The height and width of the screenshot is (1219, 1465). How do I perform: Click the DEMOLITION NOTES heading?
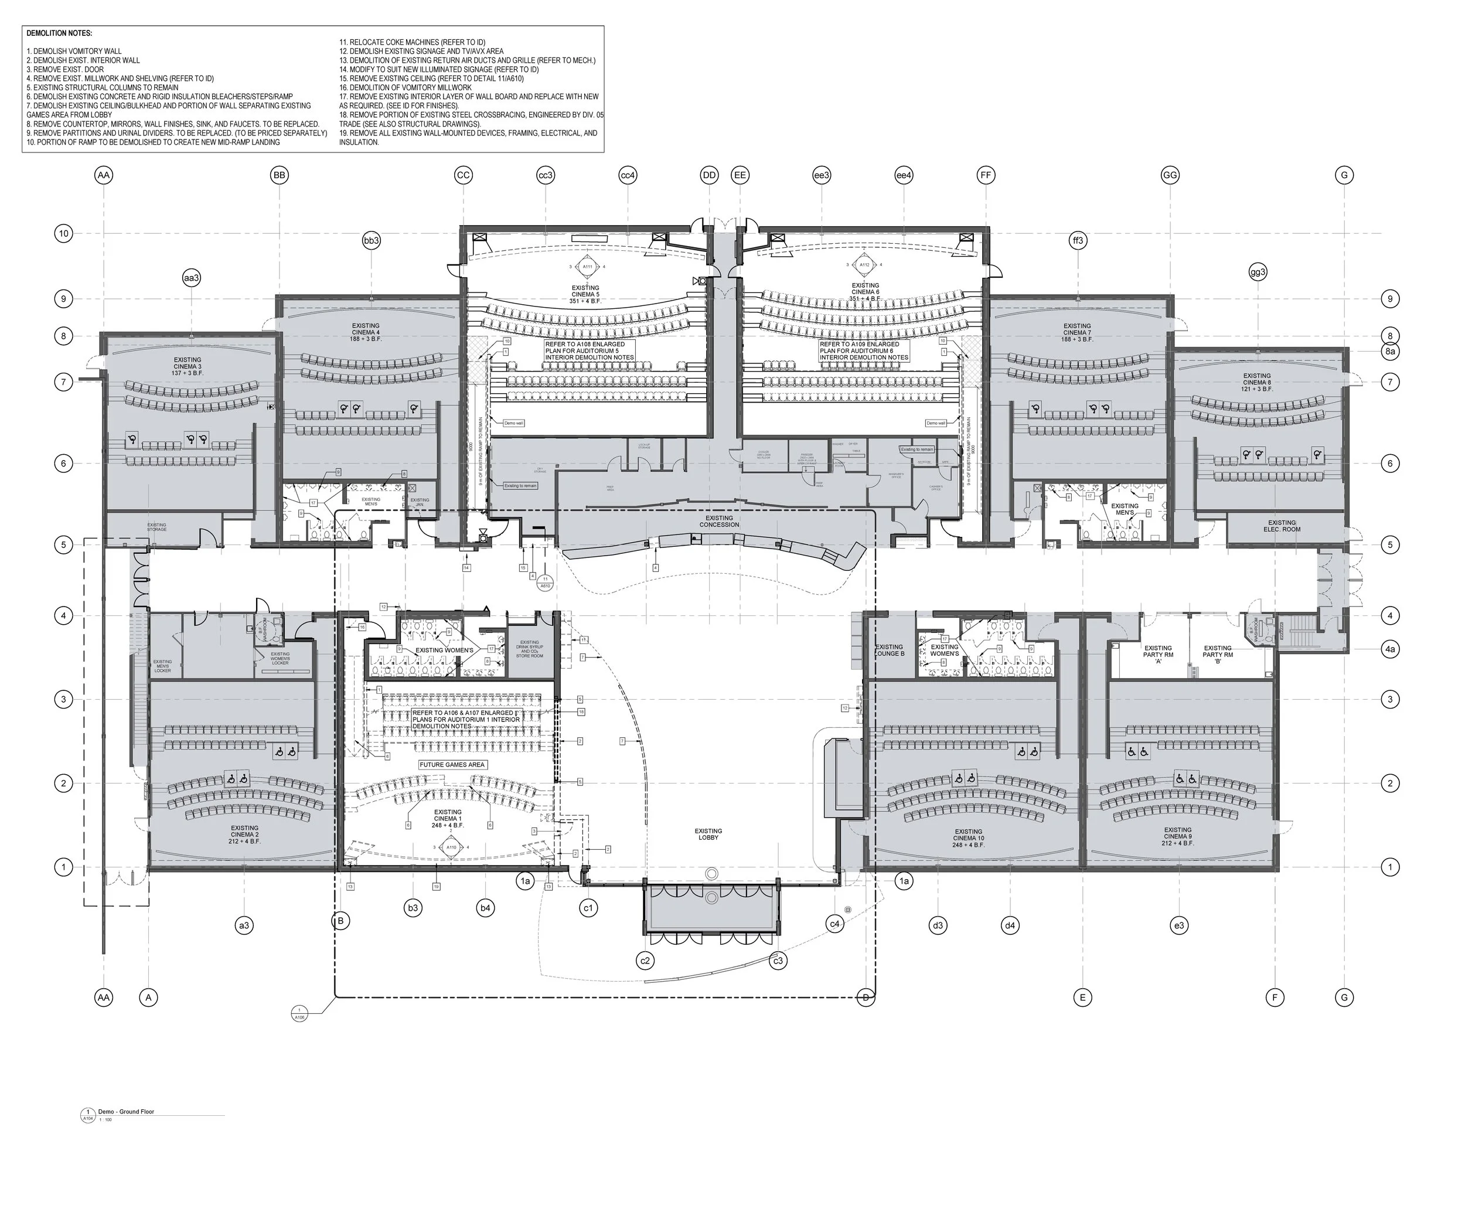(59, 33)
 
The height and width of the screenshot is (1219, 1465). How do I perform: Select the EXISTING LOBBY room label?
(708, 834)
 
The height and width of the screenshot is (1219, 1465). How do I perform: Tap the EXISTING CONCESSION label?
(719, 521)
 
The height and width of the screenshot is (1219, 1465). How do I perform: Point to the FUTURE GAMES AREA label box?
(452, 765)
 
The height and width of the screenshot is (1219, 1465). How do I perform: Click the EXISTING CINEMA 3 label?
(188, 366)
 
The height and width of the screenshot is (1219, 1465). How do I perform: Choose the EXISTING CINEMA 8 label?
(1257, 382)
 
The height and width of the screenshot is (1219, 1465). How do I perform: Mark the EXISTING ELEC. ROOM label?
(1282, 526)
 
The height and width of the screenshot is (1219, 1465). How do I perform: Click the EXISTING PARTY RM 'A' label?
(1158, 654)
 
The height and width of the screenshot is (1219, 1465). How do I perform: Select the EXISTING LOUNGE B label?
(889, 651)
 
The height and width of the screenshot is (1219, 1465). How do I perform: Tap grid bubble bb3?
(371, 241)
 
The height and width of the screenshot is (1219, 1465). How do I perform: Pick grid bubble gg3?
(1258, 272)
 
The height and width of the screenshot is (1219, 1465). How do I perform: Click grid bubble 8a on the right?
(1389, 352)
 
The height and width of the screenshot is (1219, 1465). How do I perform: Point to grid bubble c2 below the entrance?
(645, 961)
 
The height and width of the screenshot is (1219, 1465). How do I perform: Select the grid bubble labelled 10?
(63, 233)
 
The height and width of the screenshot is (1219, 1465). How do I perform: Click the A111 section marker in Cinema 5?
(587, 267)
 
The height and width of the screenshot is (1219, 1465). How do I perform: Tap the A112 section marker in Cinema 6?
(864, 264)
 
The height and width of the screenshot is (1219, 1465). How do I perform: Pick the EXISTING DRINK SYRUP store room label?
(530, 649)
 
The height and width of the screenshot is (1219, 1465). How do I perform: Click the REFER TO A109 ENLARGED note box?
(864, 351)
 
